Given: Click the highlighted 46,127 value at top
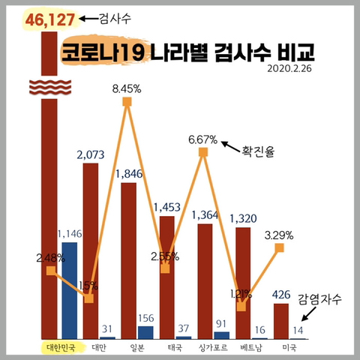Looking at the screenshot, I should pos(50,19).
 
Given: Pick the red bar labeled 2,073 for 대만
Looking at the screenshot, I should pos(90,251).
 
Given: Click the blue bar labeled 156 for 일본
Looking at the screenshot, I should pos(145,332).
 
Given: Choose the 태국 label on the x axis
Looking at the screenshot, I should pos(175,348).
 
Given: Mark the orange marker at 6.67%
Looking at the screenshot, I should pos(202,152).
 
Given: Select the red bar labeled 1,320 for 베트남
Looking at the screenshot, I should pos(243,283).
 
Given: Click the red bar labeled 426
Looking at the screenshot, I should pos(281,321).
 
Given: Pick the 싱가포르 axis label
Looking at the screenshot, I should pos(212,348).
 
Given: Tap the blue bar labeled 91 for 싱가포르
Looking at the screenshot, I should pos(222,335).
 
